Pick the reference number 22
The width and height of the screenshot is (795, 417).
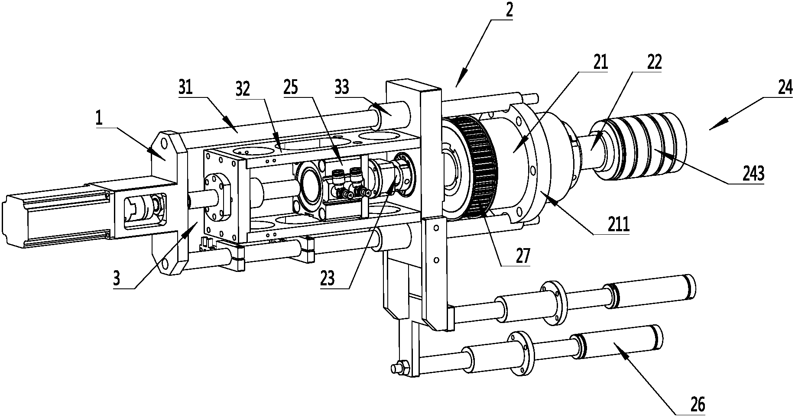pos(654,63)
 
